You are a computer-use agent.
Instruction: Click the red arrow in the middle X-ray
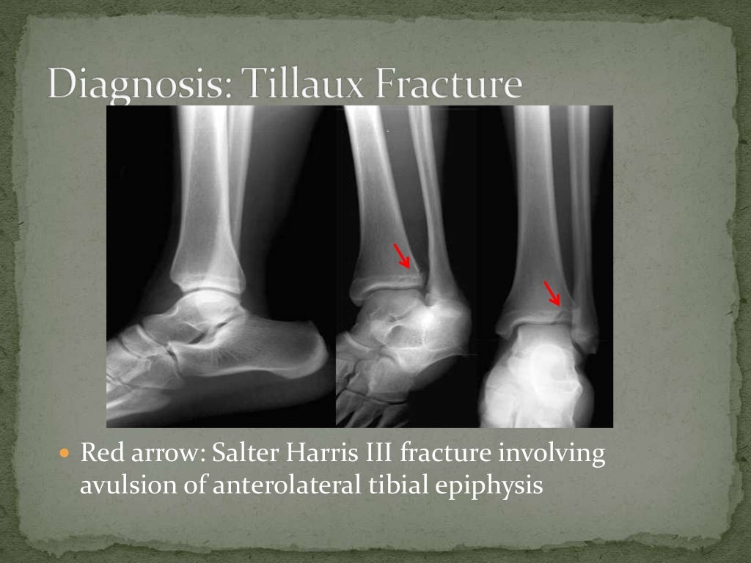coord(402,257)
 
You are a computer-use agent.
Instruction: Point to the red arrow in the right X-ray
coord(552,292)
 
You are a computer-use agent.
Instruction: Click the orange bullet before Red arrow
coord(64,455)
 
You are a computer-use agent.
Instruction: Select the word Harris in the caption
coord(316,455)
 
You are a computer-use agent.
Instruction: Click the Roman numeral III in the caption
coord(375,455)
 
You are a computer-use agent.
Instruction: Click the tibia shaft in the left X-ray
coord(209,183)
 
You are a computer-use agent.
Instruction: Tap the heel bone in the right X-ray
coord(539,381)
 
